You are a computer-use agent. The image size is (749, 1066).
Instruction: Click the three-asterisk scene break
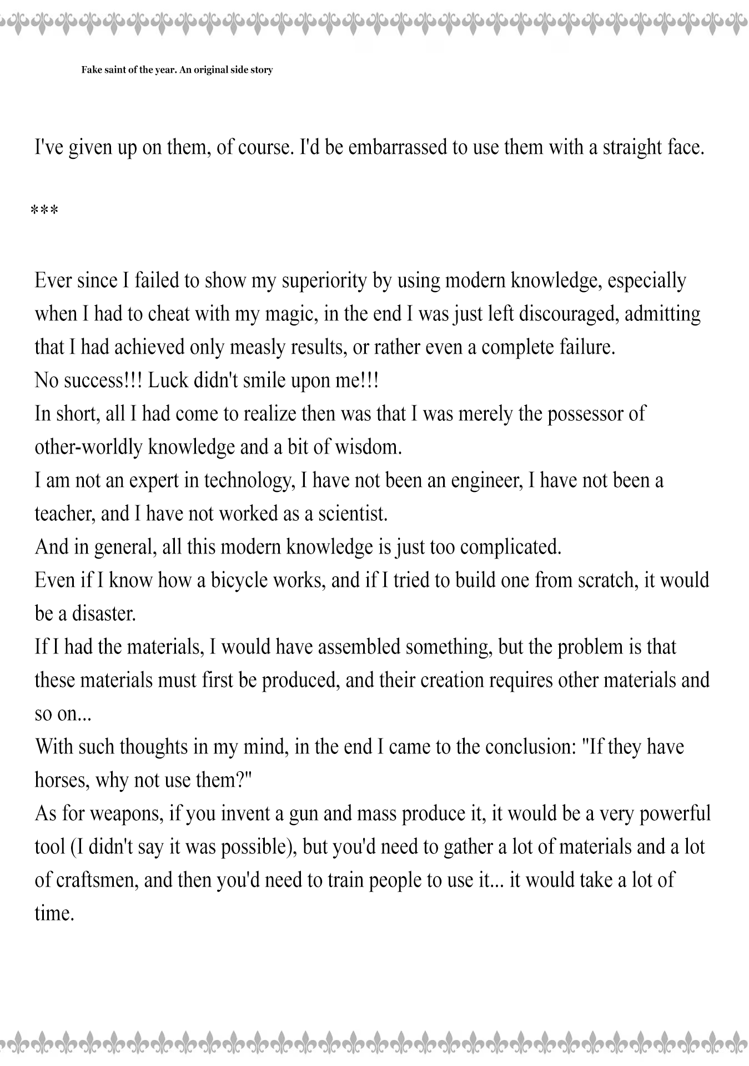click(44, 212)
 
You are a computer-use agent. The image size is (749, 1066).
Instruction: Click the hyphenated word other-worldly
click(89, 447)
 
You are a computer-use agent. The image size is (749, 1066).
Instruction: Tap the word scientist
click(353, 514)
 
